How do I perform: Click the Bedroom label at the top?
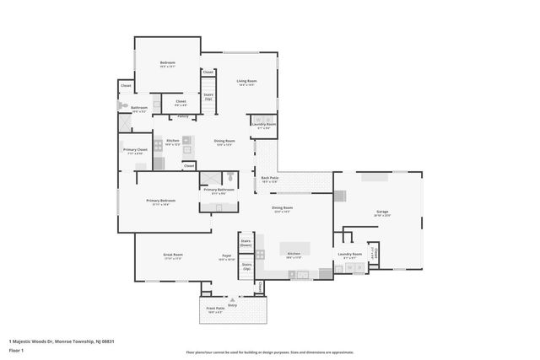pyautogui.click(x=167, y=63)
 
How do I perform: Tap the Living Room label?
pyautogui.click(x=246, y=82)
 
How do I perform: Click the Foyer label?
pyautogui.click(x=227, y=255)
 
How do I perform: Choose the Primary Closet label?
pyautogui.click(x=135, y=150)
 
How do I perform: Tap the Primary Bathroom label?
pyautogui.click(x=219, y=191)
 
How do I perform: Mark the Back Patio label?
pyautogui.click(x=269, y=178)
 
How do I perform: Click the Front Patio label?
pyautogui.click(x=215, y=309)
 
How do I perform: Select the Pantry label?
pyautogui.click(x=182, y=116)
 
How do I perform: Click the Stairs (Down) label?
pyautogui.click(x=246, y=242)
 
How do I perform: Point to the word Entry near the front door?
pyautogui.click(x=232, y=304)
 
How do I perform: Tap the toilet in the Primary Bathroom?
pyautogui.click(x=229, y=177)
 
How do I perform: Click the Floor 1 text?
pyautogui.click(x=17, y=349)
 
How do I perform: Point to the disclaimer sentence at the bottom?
pyautogui.click(x=269, y=352)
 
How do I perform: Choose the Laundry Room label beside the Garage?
pyautogui.click(x=349, y=254)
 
